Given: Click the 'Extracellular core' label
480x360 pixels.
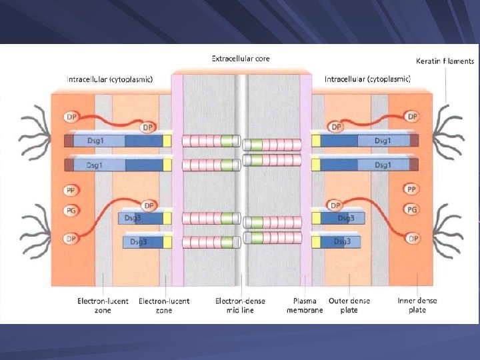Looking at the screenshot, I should (x=241, y=59).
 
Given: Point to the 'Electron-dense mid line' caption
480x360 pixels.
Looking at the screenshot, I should (x=240, y=305).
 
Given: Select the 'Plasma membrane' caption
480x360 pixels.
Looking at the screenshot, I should (x=305, y=305).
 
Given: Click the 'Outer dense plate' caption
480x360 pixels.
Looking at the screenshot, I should (x=349, y=305).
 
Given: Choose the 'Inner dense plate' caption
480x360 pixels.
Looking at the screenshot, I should (x=417, y=305).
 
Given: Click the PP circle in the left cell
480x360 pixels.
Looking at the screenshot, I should (x=70, y=191).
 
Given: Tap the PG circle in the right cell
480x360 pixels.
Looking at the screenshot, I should (x=413, y=210).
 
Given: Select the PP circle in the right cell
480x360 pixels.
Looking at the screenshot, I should (x=413, y=190).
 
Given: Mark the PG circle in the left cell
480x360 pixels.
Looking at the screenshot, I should (x=70, y=211).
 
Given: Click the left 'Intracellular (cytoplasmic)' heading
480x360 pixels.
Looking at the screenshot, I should (x=109, y=79).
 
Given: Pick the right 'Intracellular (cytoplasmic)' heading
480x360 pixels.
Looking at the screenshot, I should (x=367, y=79).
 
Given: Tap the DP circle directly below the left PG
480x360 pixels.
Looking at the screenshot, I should (x=70, y=239).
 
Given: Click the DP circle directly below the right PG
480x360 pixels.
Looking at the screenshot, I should (x=413, y=238).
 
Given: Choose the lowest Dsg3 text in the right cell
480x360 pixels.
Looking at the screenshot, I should (x=342, y=241).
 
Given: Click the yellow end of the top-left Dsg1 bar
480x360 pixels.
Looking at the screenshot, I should (x=167, y=141).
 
